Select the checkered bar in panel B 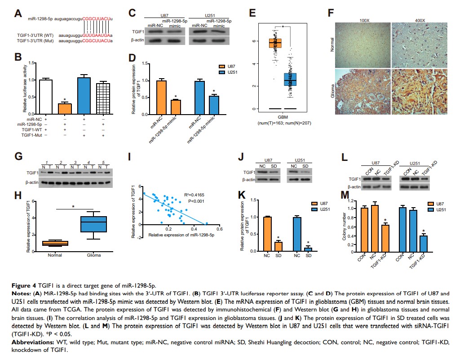click(x=103, y=98)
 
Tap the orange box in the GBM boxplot click(x=274, y=43)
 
